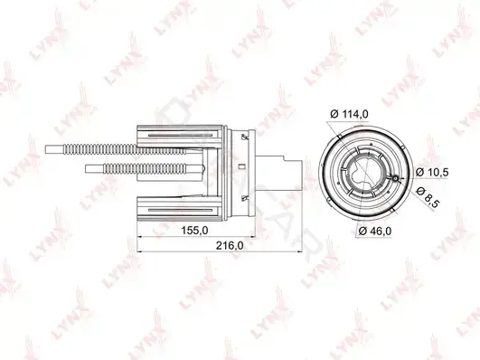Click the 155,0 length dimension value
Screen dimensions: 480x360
click(x=194, y=230)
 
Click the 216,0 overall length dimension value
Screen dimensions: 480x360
click(x=230, y=245)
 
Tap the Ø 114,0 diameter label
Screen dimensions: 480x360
click(x=349, y=114)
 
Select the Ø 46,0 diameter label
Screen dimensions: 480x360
click(x=375, y=231)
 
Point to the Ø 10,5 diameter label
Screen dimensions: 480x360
click(x=432, y=173)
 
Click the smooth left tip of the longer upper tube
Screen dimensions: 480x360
click(x=54, y=149)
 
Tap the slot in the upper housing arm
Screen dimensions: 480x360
click(x=180, y=135)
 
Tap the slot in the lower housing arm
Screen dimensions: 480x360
click(x=180, y=210)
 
